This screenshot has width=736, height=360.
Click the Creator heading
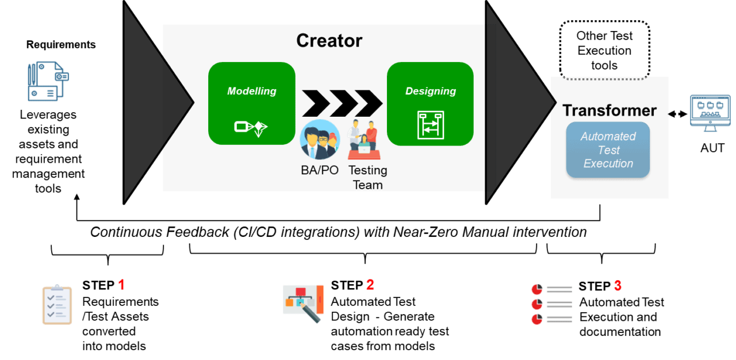(x=329, y=41)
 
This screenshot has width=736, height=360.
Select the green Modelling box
(x=252, y=104)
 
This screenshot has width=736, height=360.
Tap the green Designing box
(x=430, y=104)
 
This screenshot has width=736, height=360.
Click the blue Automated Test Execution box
(x=608, y=150)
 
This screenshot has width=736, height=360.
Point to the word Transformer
(x=609, y=110)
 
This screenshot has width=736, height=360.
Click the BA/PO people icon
(x=320, y=139)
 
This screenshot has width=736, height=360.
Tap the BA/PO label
(x=320, y=170)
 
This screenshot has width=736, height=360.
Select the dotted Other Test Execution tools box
(x=605, y=50)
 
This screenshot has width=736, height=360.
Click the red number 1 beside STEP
(x=121, y=285)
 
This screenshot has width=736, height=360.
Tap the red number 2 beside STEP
(x=370, y=285)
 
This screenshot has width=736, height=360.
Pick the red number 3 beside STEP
(x=617, y=286)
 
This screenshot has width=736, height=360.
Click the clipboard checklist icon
(x=57, y=305)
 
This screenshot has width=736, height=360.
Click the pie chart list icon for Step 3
(x=551, y=304)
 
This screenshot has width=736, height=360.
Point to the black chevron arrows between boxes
(x=342, y=104)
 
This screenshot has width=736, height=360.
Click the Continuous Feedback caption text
(x=338, y=232)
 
